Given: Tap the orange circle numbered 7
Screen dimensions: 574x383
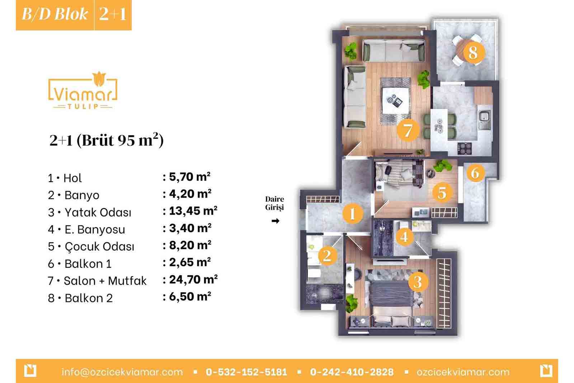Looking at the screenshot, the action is point(408,130).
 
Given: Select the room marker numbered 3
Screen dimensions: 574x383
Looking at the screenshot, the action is point(418,282).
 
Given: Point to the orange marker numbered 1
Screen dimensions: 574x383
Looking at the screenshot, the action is point(353,213).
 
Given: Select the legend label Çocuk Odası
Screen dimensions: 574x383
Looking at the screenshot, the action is point(99,247).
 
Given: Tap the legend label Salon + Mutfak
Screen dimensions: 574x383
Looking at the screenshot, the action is point(105,281).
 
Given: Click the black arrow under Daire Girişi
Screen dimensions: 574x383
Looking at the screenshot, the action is point(276,221).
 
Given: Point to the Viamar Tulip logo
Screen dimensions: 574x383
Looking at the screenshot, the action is point(83,90).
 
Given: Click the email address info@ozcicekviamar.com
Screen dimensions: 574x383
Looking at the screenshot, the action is point(122,372).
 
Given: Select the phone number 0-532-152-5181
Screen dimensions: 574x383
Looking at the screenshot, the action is point(246,372).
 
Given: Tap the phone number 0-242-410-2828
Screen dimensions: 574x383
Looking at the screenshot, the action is point(352,372).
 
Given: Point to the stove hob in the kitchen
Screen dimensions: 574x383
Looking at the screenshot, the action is point(464,148).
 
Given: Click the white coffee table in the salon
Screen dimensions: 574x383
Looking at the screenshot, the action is point(396,101).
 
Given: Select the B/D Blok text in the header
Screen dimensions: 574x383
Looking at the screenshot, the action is point(55,14).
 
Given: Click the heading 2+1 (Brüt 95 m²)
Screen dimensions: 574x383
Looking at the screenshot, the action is point(106,140).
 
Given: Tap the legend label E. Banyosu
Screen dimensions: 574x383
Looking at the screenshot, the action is point(95,229).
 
